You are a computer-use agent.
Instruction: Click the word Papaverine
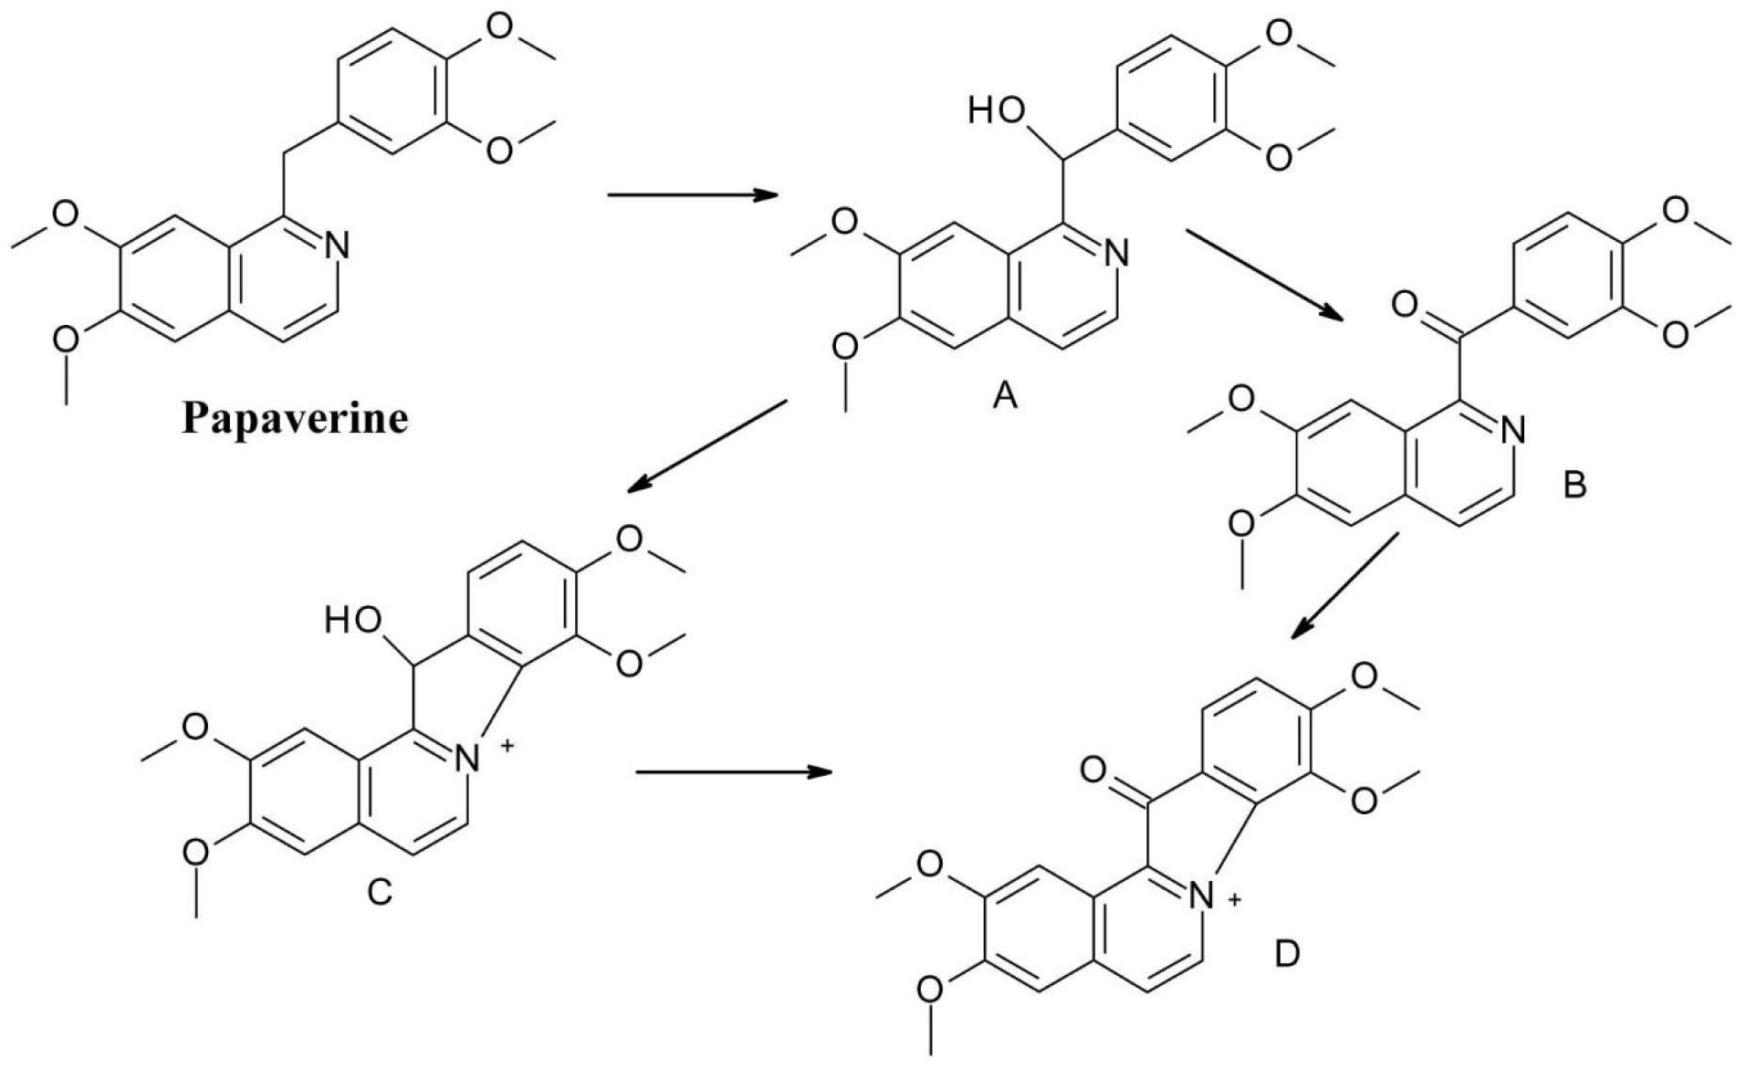coord(295,419)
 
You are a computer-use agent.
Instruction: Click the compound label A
coord(1004,395)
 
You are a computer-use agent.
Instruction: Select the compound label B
coord(1574,484)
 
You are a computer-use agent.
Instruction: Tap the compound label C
coord(379,890)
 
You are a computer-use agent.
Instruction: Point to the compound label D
coord(1287,955)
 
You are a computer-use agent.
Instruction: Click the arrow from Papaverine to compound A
coord(691,194)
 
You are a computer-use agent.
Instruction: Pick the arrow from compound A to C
coord(706,446)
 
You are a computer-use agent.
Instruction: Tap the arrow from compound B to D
coord(1344,585)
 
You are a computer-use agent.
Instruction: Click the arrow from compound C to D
coord(734,772)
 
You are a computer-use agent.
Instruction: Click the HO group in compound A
coord(997,110)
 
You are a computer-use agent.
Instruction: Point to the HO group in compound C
coord(353,621)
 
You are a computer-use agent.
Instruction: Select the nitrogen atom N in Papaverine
coord(336,245)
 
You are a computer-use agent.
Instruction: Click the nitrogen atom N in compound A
coord(1115,253)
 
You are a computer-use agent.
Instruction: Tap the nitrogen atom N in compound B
coord(1512,429)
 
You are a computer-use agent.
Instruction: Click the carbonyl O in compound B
coord(1404,304)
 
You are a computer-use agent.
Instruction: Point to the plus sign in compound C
coord(507,747)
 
